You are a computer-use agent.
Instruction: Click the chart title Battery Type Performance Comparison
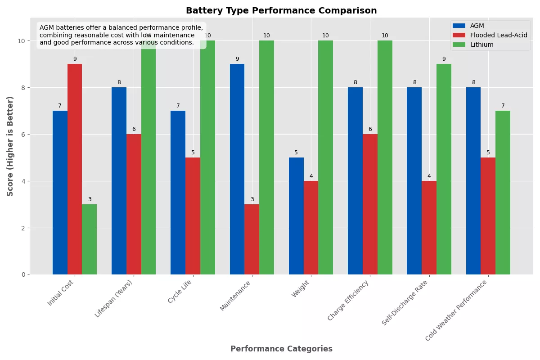point(281,11)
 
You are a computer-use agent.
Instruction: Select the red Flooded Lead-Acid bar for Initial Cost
point(75,169)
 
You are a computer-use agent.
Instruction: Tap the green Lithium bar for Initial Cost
point(89,239)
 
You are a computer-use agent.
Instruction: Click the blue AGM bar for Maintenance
point(237,169)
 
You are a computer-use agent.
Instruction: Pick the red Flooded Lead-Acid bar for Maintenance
point(252,239)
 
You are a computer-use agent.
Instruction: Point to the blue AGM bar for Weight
point(296,216)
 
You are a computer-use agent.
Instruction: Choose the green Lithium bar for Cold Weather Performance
point(503,193)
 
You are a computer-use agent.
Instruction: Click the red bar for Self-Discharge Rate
point(429,228)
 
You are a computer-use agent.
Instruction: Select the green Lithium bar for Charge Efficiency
point(385,157)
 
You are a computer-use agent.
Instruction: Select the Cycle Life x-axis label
point(180,292)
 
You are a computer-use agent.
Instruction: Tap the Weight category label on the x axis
point(300,288)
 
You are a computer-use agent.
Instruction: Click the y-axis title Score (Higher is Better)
point(10,146)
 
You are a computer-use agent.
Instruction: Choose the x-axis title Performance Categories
point(281,349)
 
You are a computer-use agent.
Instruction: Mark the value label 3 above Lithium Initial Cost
point(90,199)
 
